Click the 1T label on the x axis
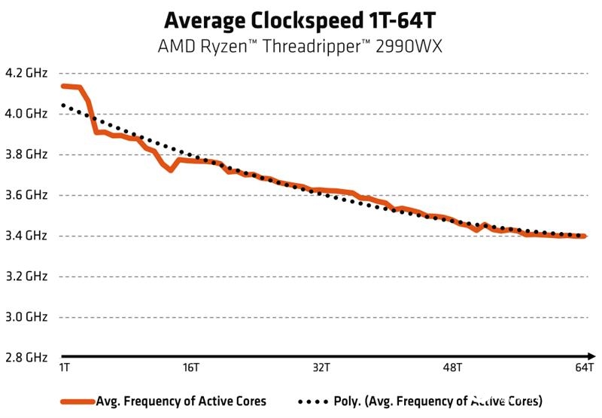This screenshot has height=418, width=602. click(x=65, y=368)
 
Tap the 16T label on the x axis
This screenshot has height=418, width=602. click(x=191, y=368)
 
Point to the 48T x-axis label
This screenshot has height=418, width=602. click(x=451, y=368)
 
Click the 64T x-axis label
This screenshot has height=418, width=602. click(x=584, y=368)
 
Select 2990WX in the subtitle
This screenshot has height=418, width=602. click(x=412, y=46)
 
